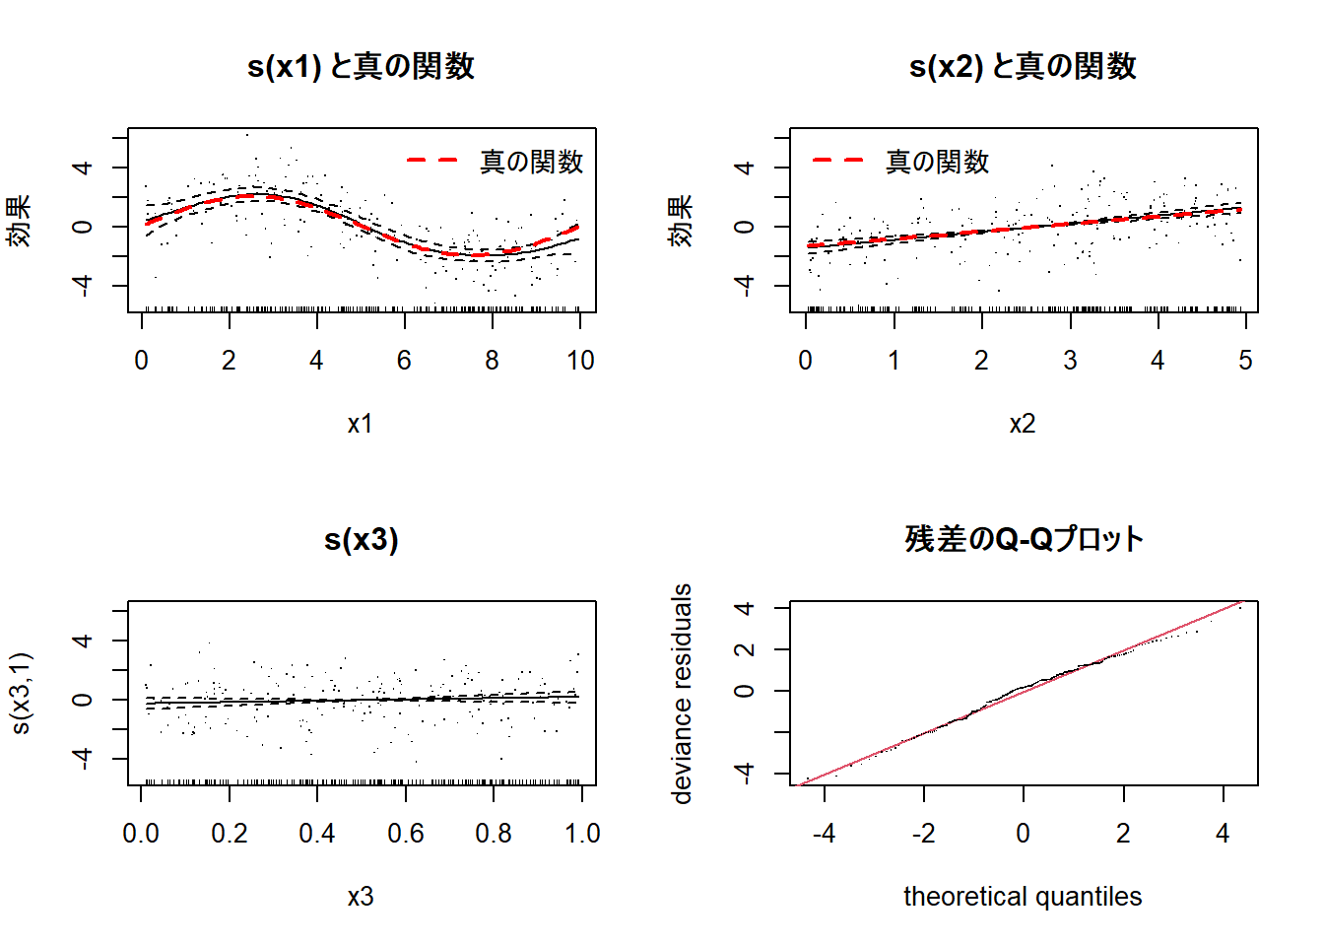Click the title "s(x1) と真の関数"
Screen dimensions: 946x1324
[361, 66]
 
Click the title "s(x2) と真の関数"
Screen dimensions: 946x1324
[1023, 66]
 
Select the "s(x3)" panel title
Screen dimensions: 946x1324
[361, 539]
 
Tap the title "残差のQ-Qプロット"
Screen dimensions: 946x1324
[1023, 539]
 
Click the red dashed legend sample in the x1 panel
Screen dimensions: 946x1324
[432, 160]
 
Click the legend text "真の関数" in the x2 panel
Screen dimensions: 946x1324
[937, 162]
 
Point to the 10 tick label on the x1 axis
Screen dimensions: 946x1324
[580, 361]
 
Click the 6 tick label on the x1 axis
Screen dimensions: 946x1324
[404, 361]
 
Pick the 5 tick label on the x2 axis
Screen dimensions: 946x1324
[1245, 361]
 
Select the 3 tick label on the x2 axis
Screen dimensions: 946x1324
[1070, 361]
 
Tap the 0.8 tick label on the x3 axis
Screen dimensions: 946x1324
[494, 834]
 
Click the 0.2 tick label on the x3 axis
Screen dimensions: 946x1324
[230, 834]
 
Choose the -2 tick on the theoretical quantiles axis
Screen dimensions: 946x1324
[923, 834]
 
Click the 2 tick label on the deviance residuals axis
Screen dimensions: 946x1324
[745, 649]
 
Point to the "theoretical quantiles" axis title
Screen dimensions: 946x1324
[1023, 897]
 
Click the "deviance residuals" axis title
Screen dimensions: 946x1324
[682, 694]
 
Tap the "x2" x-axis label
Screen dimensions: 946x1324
[1023, 424]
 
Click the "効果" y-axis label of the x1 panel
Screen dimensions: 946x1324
[20, 221]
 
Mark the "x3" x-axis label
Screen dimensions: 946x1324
[361, 897]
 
